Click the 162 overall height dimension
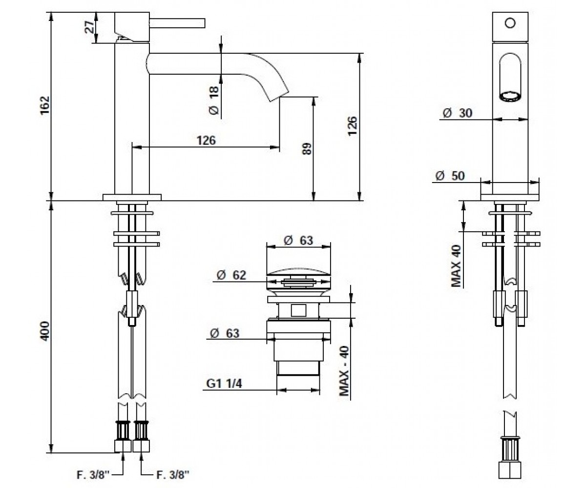[45, 105]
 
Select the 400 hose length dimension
[45, 331]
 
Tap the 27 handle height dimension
[90, 27]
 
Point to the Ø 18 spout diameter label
[214, 101]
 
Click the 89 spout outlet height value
[307, 149]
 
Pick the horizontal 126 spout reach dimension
[206, 141]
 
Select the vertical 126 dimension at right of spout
[352, 126]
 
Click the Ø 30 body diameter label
[458, 113]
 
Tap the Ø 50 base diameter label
[450, 176]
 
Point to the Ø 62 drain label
[231, 275]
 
